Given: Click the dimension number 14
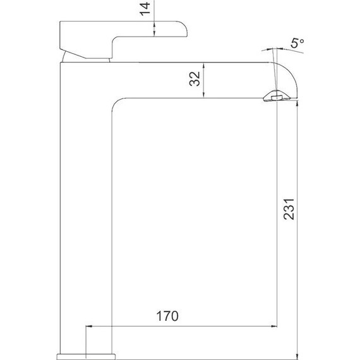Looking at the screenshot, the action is click(x=145, y=9).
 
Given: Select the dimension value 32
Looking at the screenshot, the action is click(x=195, y=79).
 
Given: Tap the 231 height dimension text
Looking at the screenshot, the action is click(x=289, y=209).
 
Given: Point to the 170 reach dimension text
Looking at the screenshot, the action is click(x=167, y=316).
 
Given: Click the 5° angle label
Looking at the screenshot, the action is click(x=297, y=43).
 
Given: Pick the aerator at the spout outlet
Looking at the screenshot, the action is click(x=277, y=96).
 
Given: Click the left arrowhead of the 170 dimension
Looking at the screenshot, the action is click(x=89, y=326).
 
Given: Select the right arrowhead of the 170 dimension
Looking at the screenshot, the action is click(x=274, y=326).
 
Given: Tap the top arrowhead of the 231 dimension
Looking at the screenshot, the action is click(x=297, y=104).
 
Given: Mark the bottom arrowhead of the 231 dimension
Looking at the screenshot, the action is click(x=297, y=357).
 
